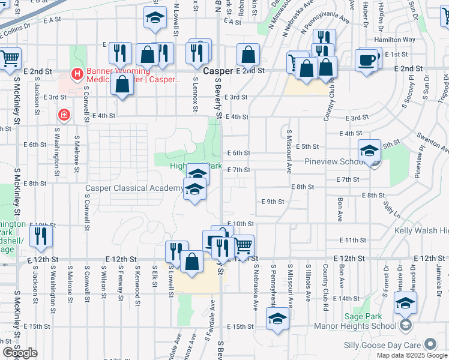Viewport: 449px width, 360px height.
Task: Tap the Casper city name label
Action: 217,71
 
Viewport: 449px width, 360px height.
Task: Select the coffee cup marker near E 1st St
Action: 366,60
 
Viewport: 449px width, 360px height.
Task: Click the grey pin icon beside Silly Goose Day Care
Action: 430,344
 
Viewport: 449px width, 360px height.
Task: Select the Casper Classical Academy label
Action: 134,188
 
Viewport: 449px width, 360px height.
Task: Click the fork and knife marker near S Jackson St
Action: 41,236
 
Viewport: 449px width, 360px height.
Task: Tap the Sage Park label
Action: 359,317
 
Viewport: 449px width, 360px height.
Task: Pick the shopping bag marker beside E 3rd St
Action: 122,85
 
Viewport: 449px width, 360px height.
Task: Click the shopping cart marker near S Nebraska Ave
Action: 243,244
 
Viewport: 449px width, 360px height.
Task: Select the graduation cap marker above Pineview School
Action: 369,150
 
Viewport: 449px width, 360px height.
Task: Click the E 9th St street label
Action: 272,202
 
